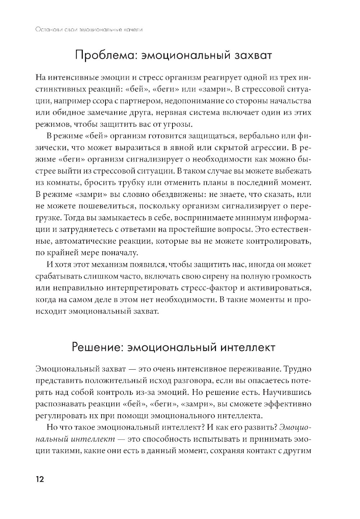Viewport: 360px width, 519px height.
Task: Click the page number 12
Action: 39,479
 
